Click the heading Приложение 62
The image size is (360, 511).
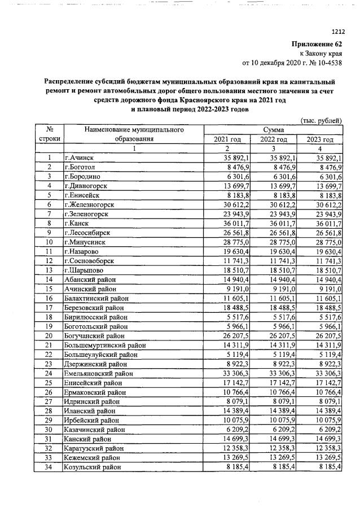click(317, 44)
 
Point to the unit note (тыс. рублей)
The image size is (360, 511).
click(322, 120)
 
